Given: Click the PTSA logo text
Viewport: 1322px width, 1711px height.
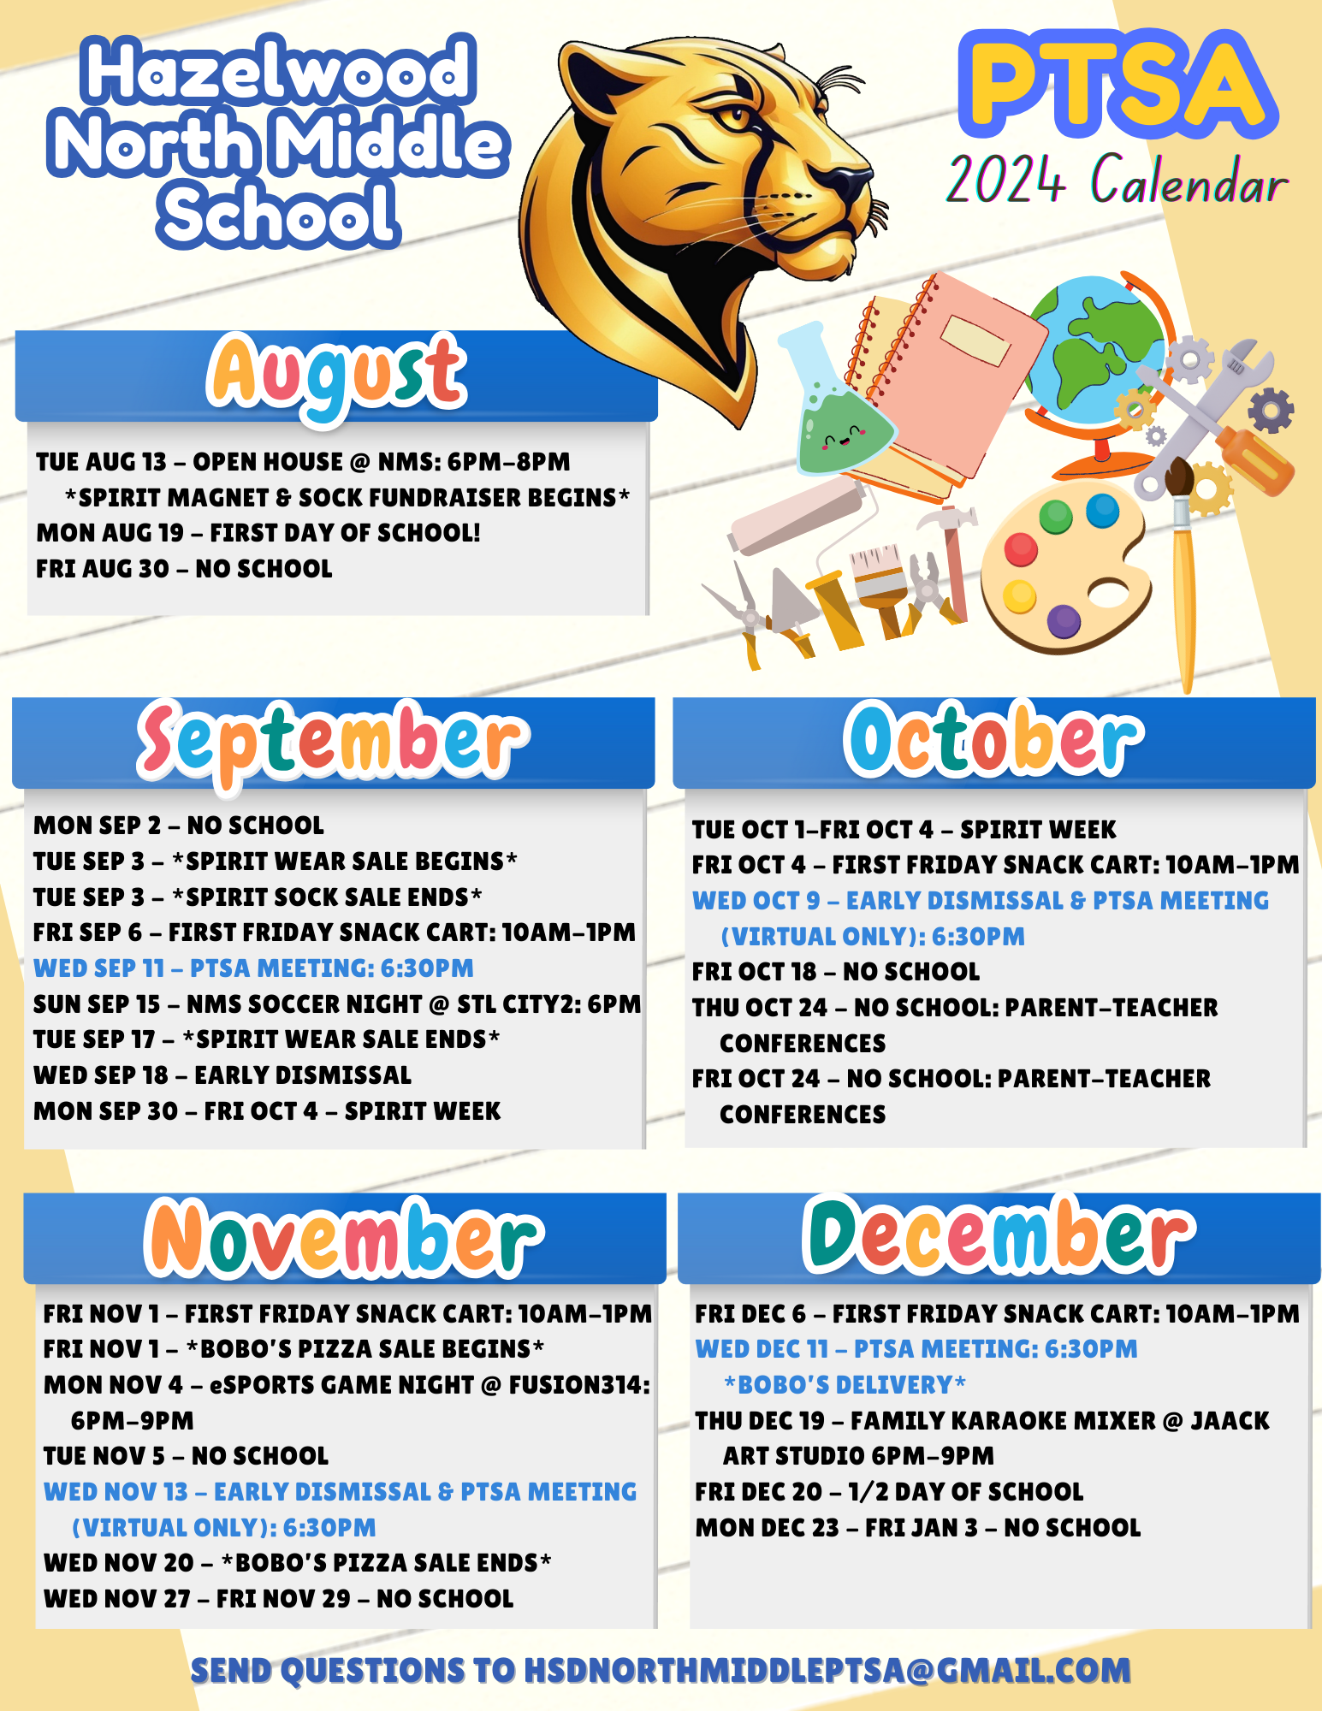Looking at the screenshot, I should (x=1117, y=86).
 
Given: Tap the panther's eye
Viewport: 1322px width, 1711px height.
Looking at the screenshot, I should (x=732, y=115).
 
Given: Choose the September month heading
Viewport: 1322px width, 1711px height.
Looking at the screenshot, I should (x=334, y=741).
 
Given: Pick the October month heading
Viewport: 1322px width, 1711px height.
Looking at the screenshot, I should (x=993, y=741).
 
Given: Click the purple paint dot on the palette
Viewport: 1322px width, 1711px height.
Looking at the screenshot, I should (x=1064, y=621).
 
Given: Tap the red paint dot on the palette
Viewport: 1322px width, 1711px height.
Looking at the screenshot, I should (x=1021, y=549).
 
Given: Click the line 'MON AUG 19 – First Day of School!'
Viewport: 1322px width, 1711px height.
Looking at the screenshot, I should (x=258, y=533).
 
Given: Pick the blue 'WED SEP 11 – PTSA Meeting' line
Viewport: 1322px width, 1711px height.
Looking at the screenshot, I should (x=253, y=968).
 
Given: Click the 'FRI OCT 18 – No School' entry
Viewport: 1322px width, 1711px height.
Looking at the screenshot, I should (x=836, y=972).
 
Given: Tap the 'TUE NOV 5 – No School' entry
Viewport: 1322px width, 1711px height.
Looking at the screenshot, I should (x=186, y=1456).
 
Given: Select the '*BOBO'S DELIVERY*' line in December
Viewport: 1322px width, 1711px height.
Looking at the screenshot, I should (x=845, y=1385).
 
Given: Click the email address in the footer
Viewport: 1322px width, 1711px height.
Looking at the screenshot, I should (x=827, y=1671).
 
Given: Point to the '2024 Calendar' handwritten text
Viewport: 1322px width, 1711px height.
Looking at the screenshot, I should (x=1117, y=181).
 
